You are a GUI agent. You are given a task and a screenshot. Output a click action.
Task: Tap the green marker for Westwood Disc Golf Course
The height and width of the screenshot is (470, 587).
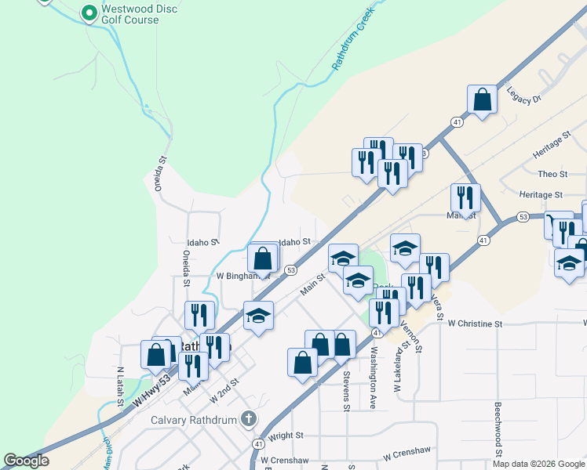(89, 13)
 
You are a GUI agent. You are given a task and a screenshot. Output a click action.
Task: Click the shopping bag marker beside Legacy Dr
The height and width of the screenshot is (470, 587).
(482, 99)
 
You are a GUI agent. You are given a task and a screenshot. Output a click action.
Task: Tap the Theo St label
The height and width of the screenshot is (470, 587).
(552, 173)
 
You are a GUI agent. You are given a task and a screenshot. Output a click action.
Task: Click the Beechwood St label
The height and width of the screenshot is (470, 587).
(498, 429)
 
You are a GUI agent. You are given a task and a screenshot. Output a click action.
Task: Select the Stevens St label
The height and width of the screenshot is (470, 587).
(345, 390)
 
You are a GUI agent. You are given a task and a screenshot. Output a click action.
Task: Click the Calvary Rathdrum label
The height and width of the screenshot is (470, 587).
(195, 420)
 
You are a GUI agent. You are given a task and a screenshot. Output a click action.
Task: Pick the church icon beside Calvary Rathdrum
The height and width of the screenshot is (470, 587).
(250, 419)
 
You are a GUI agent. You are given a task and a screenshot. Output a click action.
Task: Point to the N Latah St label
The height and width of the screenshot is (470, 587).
(120, 386)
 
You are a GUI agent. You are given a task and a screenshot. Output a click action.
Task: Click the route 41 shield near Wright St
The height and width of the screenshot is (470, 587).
(257, 444)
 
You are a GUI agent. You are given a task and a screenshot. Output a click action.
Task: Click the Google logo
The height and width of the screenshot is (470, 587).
(26, 461)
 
